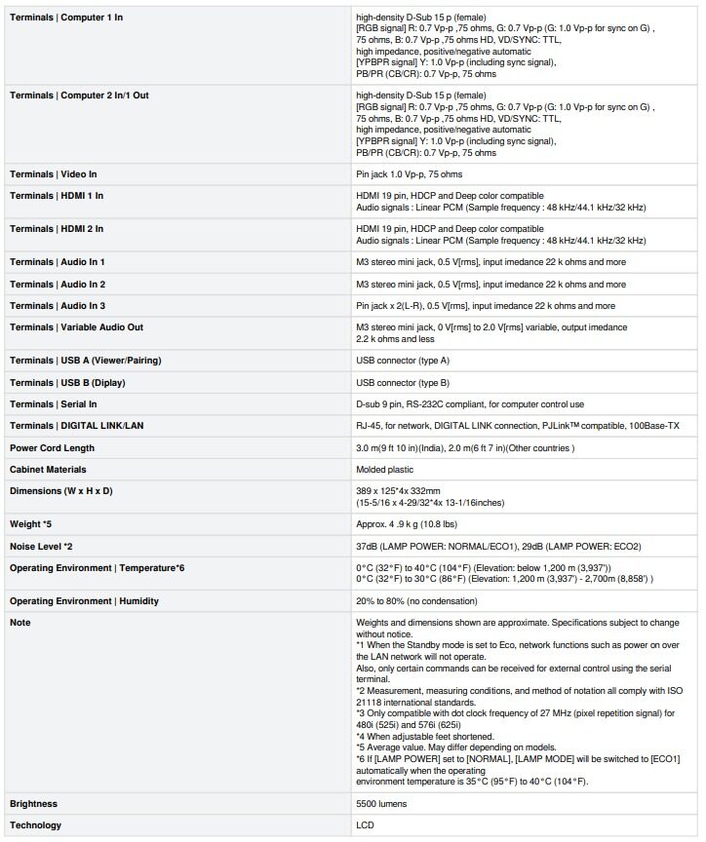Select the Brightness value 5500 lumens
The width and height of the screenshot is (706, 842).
[x=381, y=804]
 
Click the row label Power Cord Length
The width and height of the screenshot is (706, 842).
[x=52, y=448]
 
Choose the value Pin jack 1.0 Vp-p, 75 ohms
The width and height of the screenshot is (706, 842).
[x=410, y=174]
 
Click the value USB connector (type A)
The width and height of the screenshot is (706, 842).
[x=403, y=361]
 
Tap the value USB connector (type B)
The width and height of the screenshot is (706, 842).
[x=403, y=383]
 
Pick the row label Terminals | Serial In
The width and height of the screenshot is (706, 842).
[x=54, y=404]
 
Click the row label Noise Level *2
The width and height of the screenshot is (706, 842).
[x=41, y=547]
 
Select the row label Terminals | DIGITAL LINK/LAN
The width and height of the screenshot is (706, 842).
[x=76, y=426]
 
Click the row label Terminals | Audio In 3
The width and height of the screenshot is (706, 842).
[x=58, y=306]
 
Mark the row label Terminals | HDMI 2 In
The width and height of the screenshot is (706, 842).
[x=57, y=229]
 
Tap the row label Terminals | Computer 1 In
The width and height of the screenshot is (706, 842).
[x=65, y=18]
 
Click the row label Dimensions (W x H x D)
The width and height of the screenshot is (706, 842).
[x=60, y=490]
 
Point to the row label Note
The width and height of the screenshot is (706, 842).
[x=20, y=622]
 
